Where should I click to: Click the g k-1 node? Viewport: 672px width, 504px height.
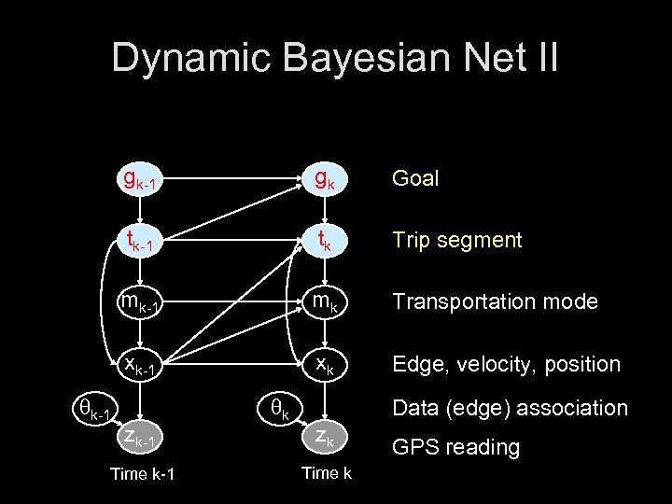tap(140, 178)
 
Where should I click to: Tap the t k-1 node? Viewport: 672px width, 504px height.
tap(140, 242)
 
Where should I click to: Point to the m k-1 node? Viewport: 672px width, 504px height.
tap(140, 303)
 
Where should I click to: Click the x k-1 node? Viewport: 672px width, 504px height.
tap(140, 365)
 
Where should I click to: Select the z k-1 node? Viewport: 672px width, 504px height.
tap(140, 438)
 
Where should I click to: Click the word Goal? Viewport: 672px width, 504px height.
tap(415, 178)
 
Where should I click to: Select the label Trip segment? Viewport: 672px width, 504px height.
tap(456, 240)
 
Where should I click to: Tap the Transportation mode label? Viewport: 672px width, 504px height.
tap(495, 301)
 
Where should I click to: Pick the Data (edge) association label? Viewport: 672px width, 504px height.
tap(510, 408)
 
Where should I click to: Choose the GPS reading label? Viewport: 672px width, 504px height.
tap(455, 447)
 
